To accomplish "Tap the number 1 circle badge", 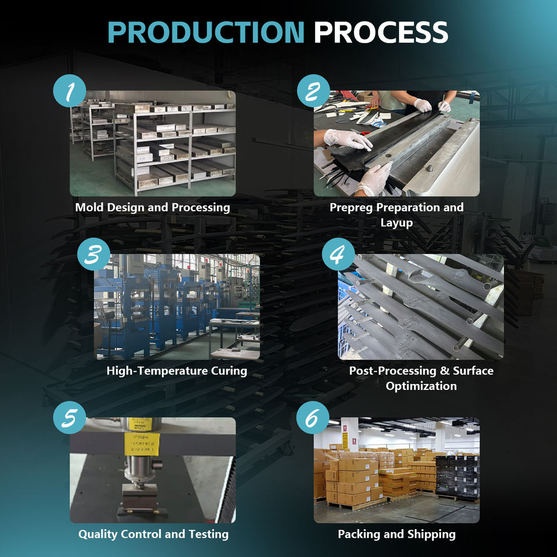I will (x=70, y=92).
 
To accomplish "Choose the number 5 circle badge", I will (x=70, y=418).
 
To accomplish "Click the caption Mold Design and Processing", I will (x=153, y=207).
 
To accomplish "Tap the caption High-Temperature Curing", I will (x=177, y=370).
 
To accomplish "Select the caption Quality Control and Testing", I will (x=153, y=534).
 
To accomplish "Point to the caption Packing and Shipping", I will (x=397, y=534).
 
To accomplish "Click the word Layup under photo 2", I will (x=397, y=223).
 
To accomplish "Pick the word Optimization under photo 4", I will (x=421, y=386).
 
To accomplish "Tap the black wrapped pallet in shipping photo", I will (x=458, y=476).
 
